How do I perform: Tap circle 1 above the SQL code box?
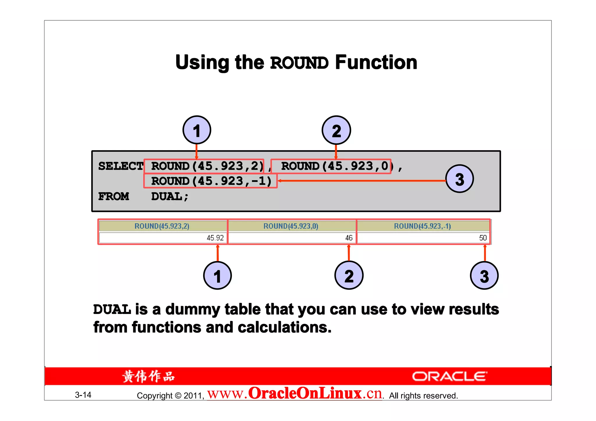click(x=197, y=130)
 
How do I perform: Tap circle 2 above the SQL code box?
click(x=336, y=130)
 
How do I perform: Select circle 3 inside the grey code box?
click(x=460, y=179)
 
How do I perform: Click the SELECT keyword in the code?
click(x=120, y=166)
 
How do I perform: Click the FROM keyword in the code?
click(x=113, y=197)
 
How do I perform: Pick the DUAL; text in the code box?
click(x=170, y=197)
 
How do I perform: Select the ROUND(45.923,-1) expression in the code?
click(x=211, y=181)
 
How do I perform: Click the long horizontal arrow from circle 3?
click(x=361, y=181)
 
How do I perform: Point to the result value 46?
click(x=349, y=238)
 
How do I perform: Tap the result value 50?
click(x=483, y=238)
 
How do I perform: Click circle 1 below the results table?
click(x=217, y=275)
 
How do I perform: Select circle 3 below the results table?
click(x=484, y=276)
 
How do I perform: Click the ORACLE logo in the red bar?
click(x=449, y=376)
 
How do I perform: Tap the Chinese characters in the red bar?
click(x=148, y=377)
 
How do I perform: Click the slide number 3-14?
click(x=83, y=395)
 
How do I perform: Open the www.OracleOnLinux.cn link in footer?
click(x=294, y=394)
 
